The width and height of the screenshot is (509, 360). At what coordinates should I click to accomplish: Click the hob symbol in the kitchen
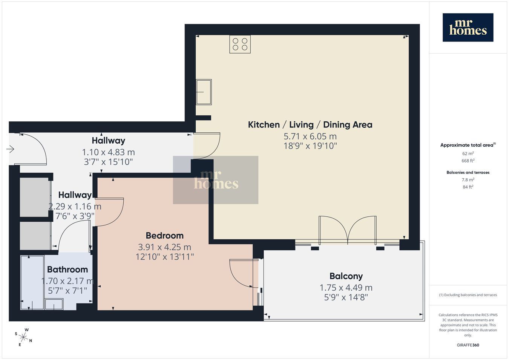coord(240,44)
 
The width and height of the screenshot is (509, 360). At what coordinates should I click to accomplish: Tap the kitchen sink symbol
coord(204,92)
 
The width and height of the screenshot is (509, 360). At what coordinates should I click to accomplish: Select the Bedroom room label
coord(165,236)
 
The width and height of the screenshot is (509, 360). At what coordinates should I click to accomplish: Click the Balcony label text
coord(346,276)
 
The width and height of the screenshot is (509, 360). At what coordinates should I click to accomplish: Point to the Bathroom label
coord(67,270)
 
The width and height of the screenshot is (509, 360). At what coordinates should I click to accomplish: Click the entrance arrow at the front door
coord(11,149)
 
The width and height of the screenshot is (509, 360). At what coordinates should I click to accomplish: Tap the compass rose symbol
coord(23,337)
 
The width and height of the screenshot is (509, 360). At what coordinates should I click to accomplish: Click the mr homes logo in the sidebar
coord(468,28)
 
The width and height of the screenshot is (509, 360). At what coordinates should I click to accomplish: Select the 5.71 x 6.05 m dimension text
coord(310,136)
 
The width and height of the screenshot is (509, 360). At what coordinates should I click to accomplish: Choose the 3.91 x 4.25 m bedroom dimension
coord(165,247)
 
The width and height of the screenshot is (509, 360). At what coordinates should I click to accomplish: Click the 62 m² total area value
coord(468,153)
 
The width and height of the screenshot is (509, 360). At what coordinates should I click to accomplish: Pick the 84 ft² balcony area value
coord(468,187)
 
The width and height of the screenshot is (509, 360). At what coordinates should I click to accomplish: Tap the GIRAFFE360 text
coord(468,345)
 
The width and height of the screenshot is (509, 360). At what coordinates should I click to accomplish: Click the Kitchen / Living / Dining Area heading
coord(310,125)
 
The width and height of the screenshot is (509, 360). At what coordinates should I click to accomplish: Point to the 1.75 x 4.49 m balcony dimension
coord(346,288)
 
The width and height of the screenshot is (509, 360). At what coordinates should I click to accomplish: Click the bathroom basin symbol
coord(54,304)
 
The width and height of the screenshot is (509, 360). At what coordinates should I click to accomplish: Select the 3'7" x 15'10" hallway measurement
coord(108,162)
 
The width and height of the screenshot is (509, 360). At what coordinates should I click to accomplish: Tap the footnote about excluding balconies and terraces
coord(468,295)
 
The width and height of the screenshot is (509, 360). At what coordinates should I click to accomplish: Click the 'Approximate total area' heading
coord(468,145)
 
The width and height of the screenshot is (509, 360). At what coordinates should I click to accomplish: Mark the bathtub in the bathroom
coord(32,283)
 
